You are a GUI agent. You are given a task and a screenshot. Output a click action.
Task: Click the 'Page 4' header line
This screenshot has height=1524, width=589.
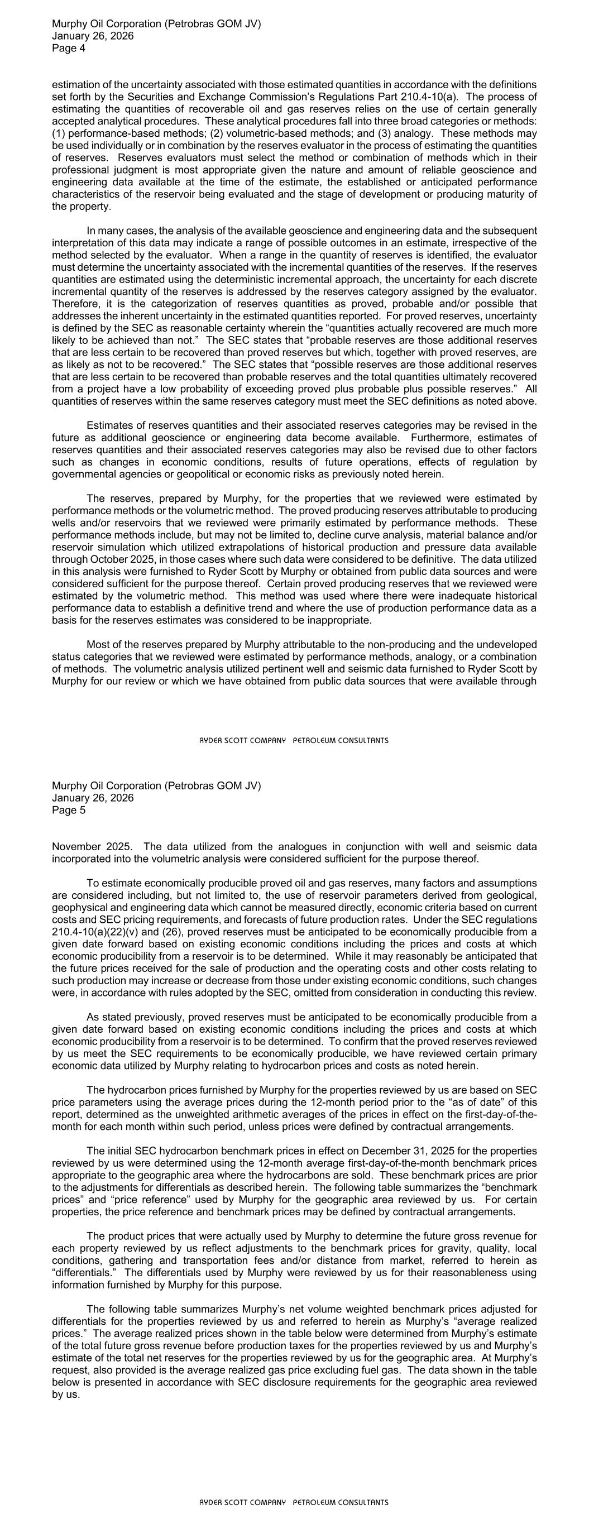pos(69,49)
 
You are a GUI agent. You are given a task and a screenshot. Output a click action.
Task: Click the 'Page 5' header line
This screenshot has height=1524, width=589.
pos(69,811)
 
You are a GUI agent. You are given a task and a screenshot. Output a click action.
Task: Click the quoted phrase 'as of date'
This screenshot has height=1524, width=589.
pos(480,1103)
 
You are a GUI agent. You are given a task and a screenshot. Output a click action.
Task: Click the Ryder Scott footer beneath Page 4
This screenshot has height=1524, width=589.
pos(294,741)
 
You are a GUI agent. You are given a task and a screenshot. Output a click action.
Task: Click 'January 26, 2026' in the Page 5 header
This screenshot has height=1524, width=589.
pos(93,798)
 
